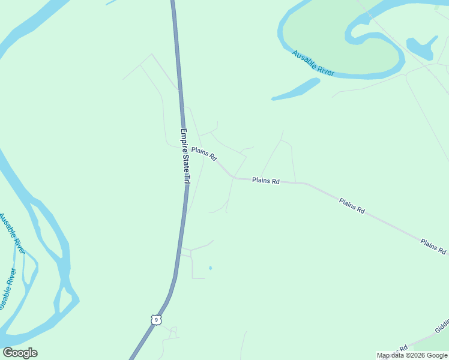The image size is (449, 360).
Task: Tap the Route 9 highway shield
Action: click(x=156, y=320)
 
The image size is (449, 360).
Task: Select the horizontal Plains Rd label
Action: click(x=266, y=180)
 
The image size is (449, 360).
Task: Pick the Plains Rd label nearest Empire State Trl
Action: click(x=204, y=154)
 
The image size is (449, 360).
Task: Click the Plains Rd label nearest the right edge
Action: click(x=433, y=246)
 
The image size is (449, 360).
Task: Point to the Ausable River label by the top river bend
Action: click(x=313, y=62)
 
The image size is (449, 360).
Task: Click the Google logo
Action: click(x=20, y=353)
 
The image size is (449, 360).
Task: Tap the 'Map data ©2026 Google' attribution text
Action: click(x=412, y=355)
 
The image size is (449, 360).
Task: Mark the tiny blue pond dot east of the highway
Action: click(x=210, y=268)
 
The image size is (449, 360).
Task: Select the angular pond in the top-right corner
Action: click(x=420, y=47)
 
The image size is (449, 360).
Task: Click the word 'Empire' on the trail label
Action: click(x=184, y=140)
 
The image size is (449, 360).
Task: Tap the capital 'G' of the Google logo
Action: click(x=7, y=353)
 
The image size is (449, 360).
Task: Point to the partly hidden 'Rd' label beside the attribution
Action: click(x=404, y=347)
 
